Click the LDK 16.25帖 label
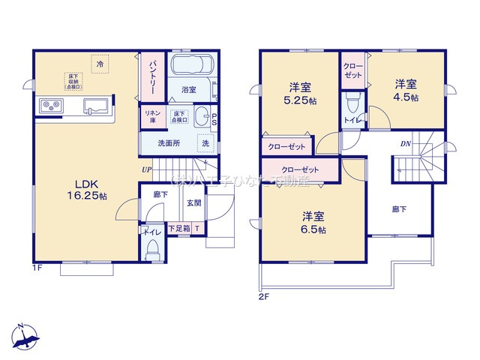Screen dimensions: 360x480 click(90, 188)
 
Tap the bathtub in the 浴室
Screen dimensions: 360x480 click(192, 67)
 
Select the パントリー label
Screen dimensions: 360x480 click(151, 74)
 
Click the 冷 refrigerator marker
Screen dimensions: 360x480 click(100, 64)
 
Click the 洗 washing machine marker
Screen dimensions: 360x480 click(205, 142)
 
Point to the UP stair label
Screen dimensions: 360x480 click(147, 169)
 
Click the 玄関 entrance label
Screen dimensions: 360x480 click(194, 202)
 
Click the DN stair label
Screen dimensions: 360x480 click(404, 142)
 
